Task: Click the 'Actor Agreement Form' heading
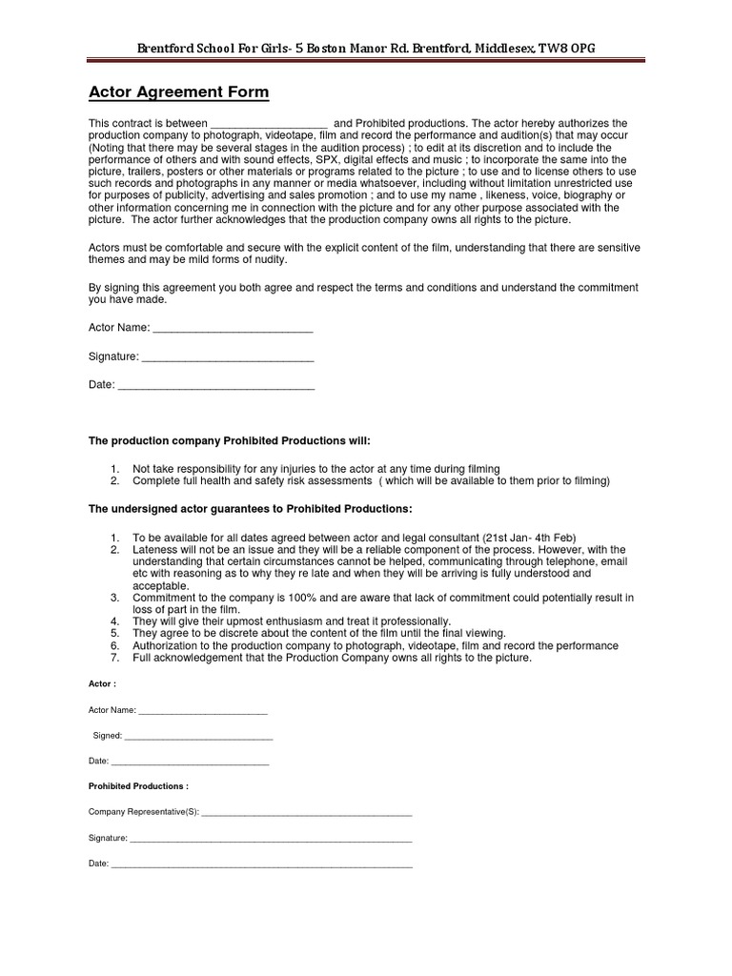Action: [x=179, y=92]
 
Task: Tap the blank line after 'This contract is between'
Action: [x=268, y=125]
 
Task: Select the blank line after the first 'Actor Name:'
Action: [x=233, y=329]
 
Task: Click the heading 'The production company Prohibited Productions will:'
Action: [x=229, y=441]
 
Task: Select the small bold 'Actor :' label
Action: [x=102, y=684]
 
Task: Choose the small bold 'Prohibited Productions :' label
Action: [x=138, y=786]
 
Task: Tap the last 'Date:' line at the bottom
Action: [x=261, y=864]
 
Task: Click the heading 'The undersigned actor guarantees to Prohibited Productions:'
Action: [x=251, y=509]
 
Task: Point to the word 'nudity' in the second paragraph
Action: [x=267, y=260]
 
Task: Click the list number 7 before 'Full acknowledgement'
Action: [x=114, y=658]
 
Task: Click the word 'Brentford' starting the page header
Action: [x=165, y=48]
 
